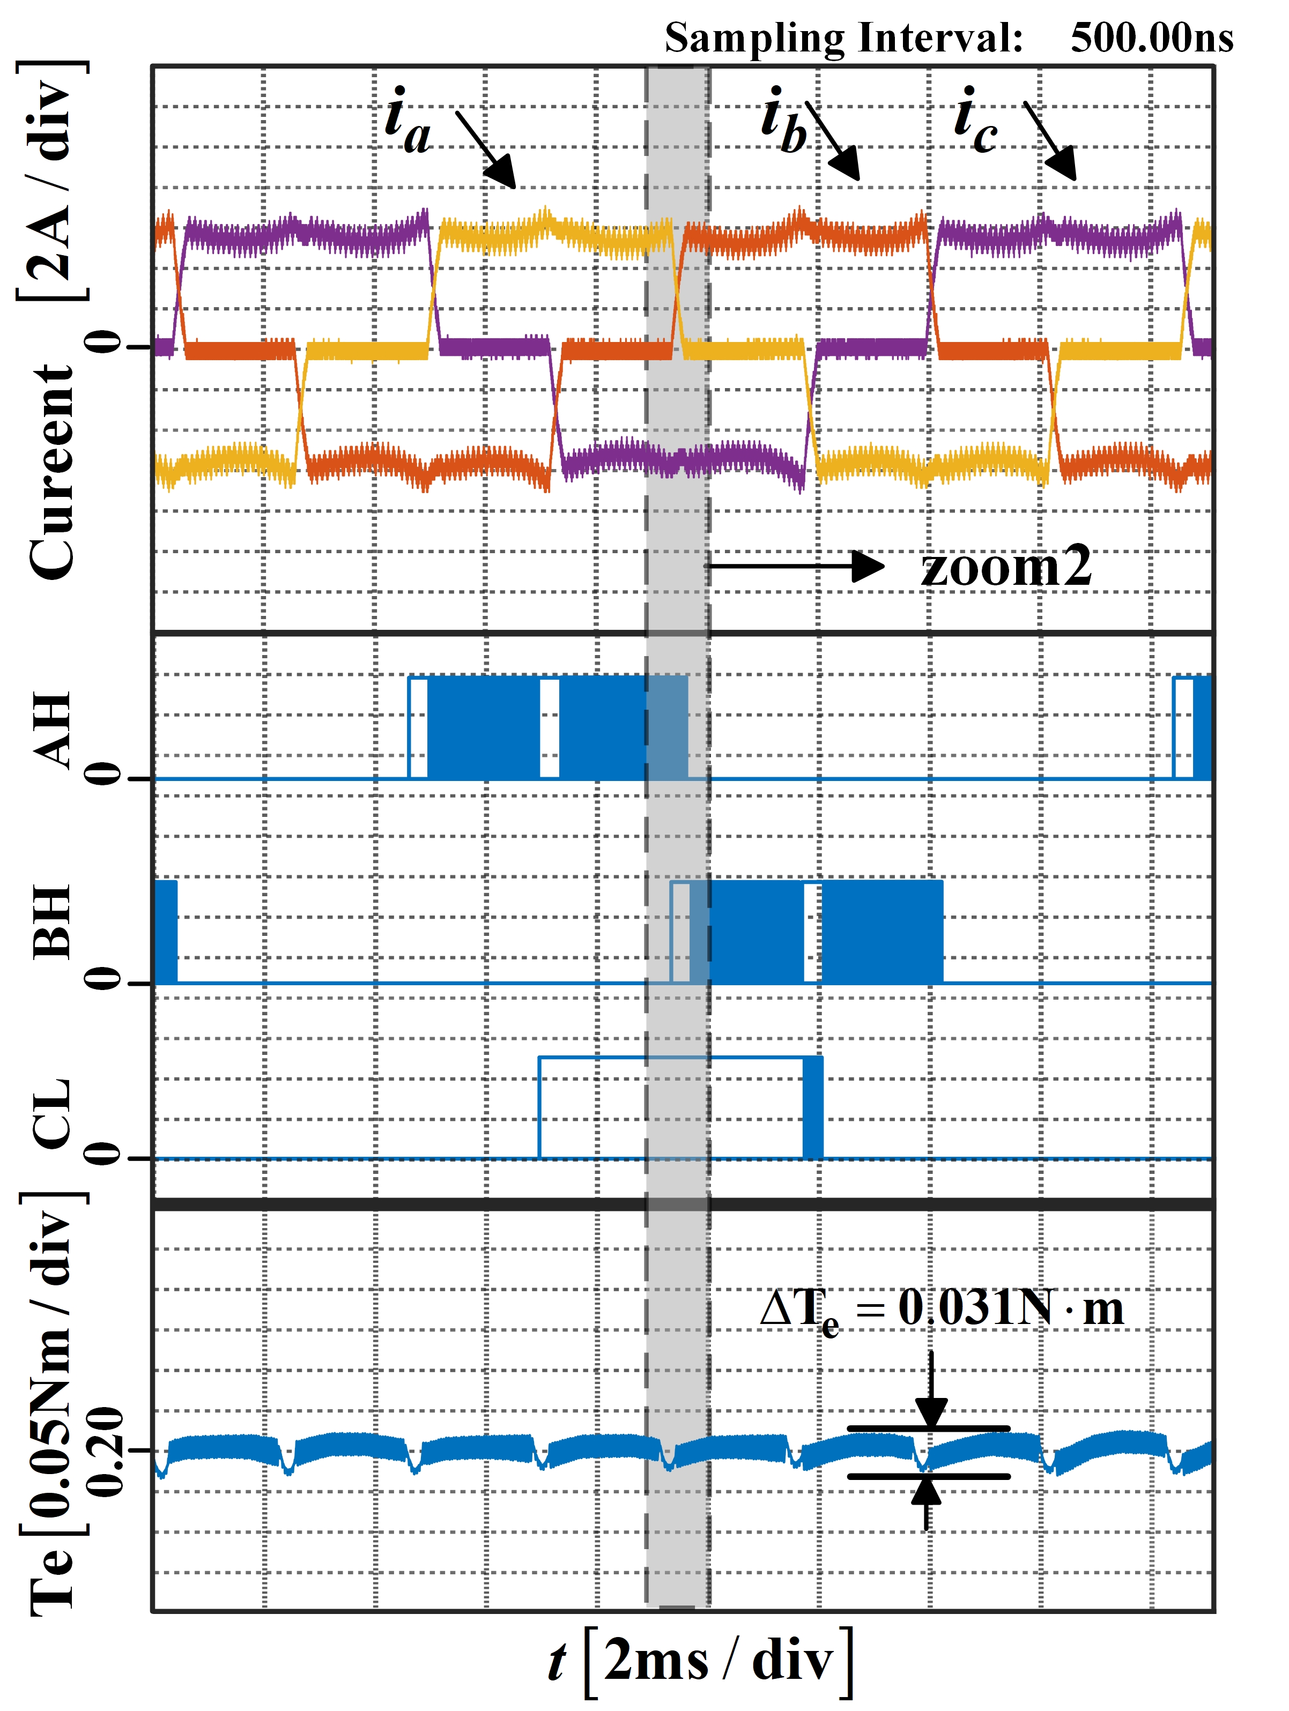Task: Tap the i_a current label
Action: coord(408,122)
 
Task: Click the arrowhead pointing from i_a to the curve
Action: coord(501,172)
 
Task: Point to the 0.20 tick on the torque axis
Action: coord(105,1451)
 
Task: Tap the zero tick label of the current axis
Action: coord(105,342)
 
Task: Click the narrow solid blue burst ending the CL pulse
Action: coord(812,1107)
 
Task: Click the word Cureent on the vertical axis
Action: coord(53,472)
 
